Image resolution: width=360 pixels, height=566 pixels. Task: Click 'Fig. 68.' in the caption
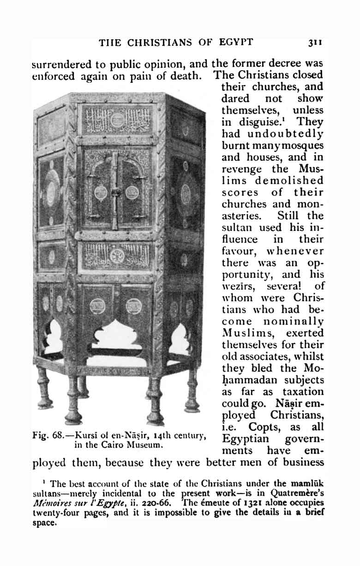(x=48, y=435)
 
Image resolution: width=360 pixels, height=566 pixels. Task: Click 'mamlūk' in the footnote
(x=309, y=484)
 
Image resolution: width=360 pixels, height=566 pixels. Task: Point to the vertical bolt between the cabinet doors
(x=115, y=192)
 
